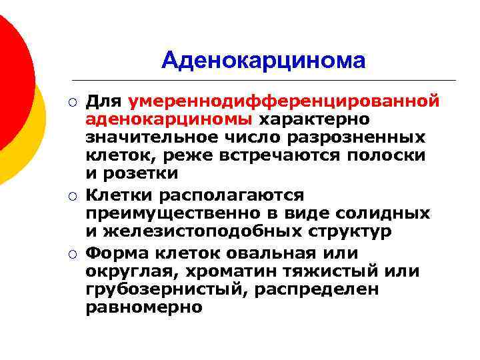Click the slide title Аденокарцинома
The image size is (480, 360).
click(x=263, y=61)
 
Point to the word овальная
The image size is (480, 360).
click(x=275, y=254)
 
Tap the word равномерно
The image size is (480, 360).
click(x=143, y=307)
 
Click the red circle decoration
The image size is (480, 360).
click(x=13, y=73)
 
